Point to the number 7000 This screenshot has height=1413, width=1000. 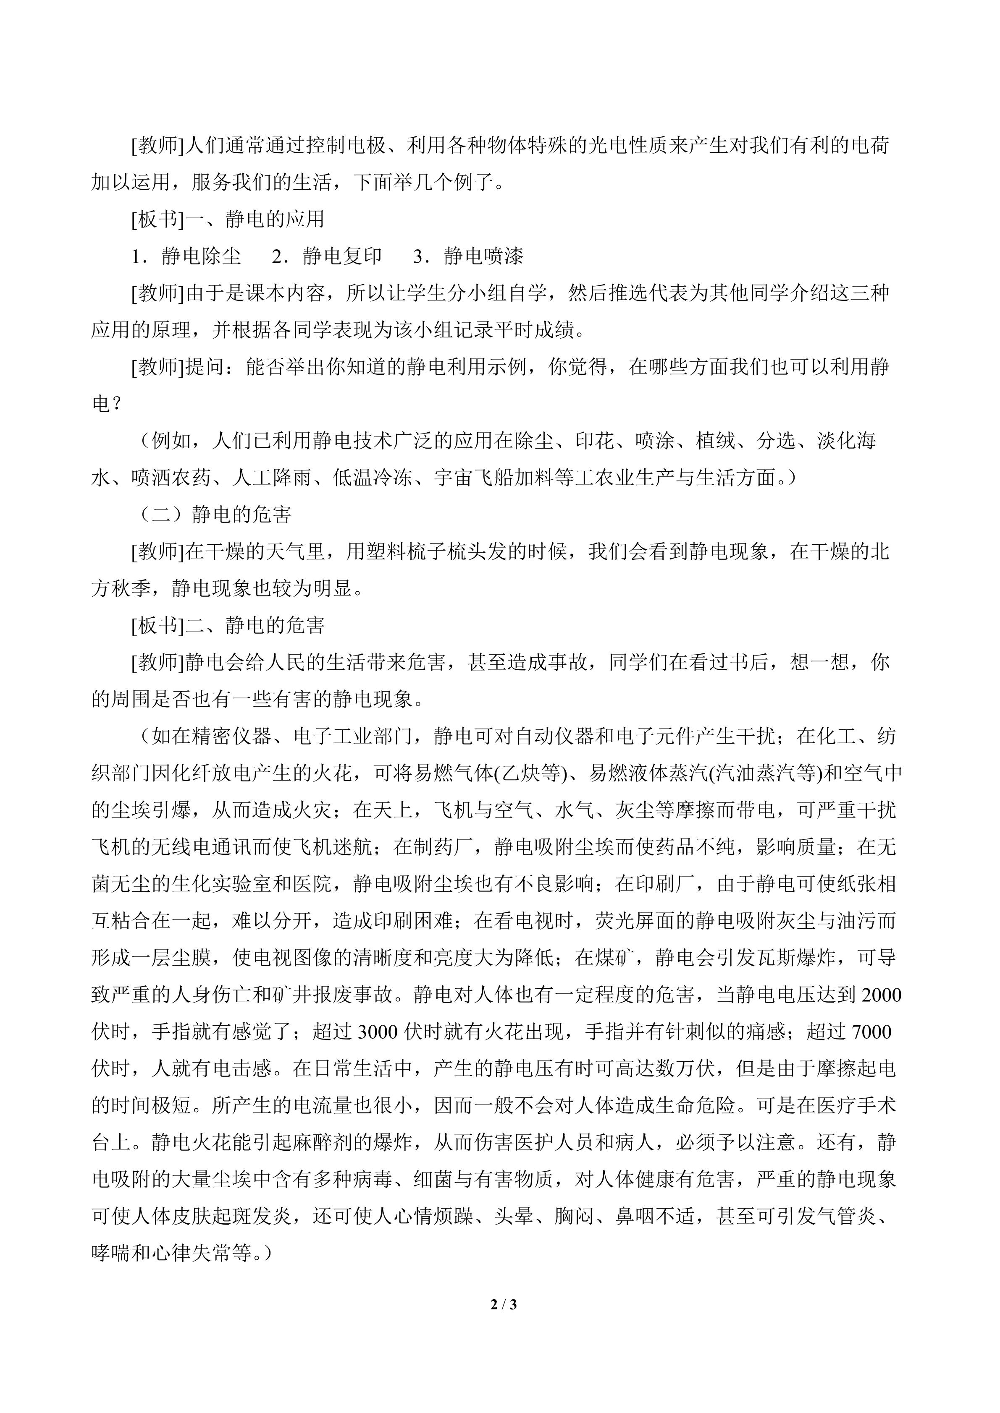pyautogui.click(x=869, y=1032)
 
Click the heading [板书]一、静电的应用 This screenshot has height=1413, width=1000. pyautogui.click(x=228, y=220)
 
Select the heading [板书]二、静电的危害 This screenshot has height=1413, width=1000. pyautogui.click(x=228, y=626)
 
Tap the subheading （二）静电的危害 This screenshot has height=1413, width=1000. pyautogui.click(x=213, y=515)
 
